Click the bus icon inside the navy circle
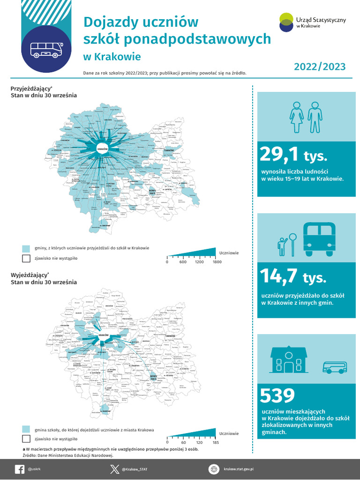pyautogui.click(x=45, y=50)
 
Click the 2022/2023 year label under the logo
pyautogui.click(x=320, y=67)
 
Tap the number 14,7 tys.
pyautogui.click(x=293, y=277)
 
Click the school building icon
pyautogui.click(x=289, y=361)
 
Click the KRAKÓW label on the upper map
pyautogui.click(x=103, y=150)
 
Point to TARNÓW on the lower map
pyautogui.click(x=170, y=336)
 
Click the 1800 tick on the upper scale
pyautogui.click(x=217, y=262)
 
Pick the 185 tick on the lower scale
pyautogui.click(x=216, y=442)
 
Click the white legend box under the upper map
pyautogui.click(x=26, y=258)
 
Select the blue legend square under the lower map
pyautogui.click(x=26, y=429)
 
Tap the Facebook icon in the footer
pyautogui.click(x=20, y=469)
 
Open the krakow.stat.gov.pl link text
pyautogui.click(x=241, y=469)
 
